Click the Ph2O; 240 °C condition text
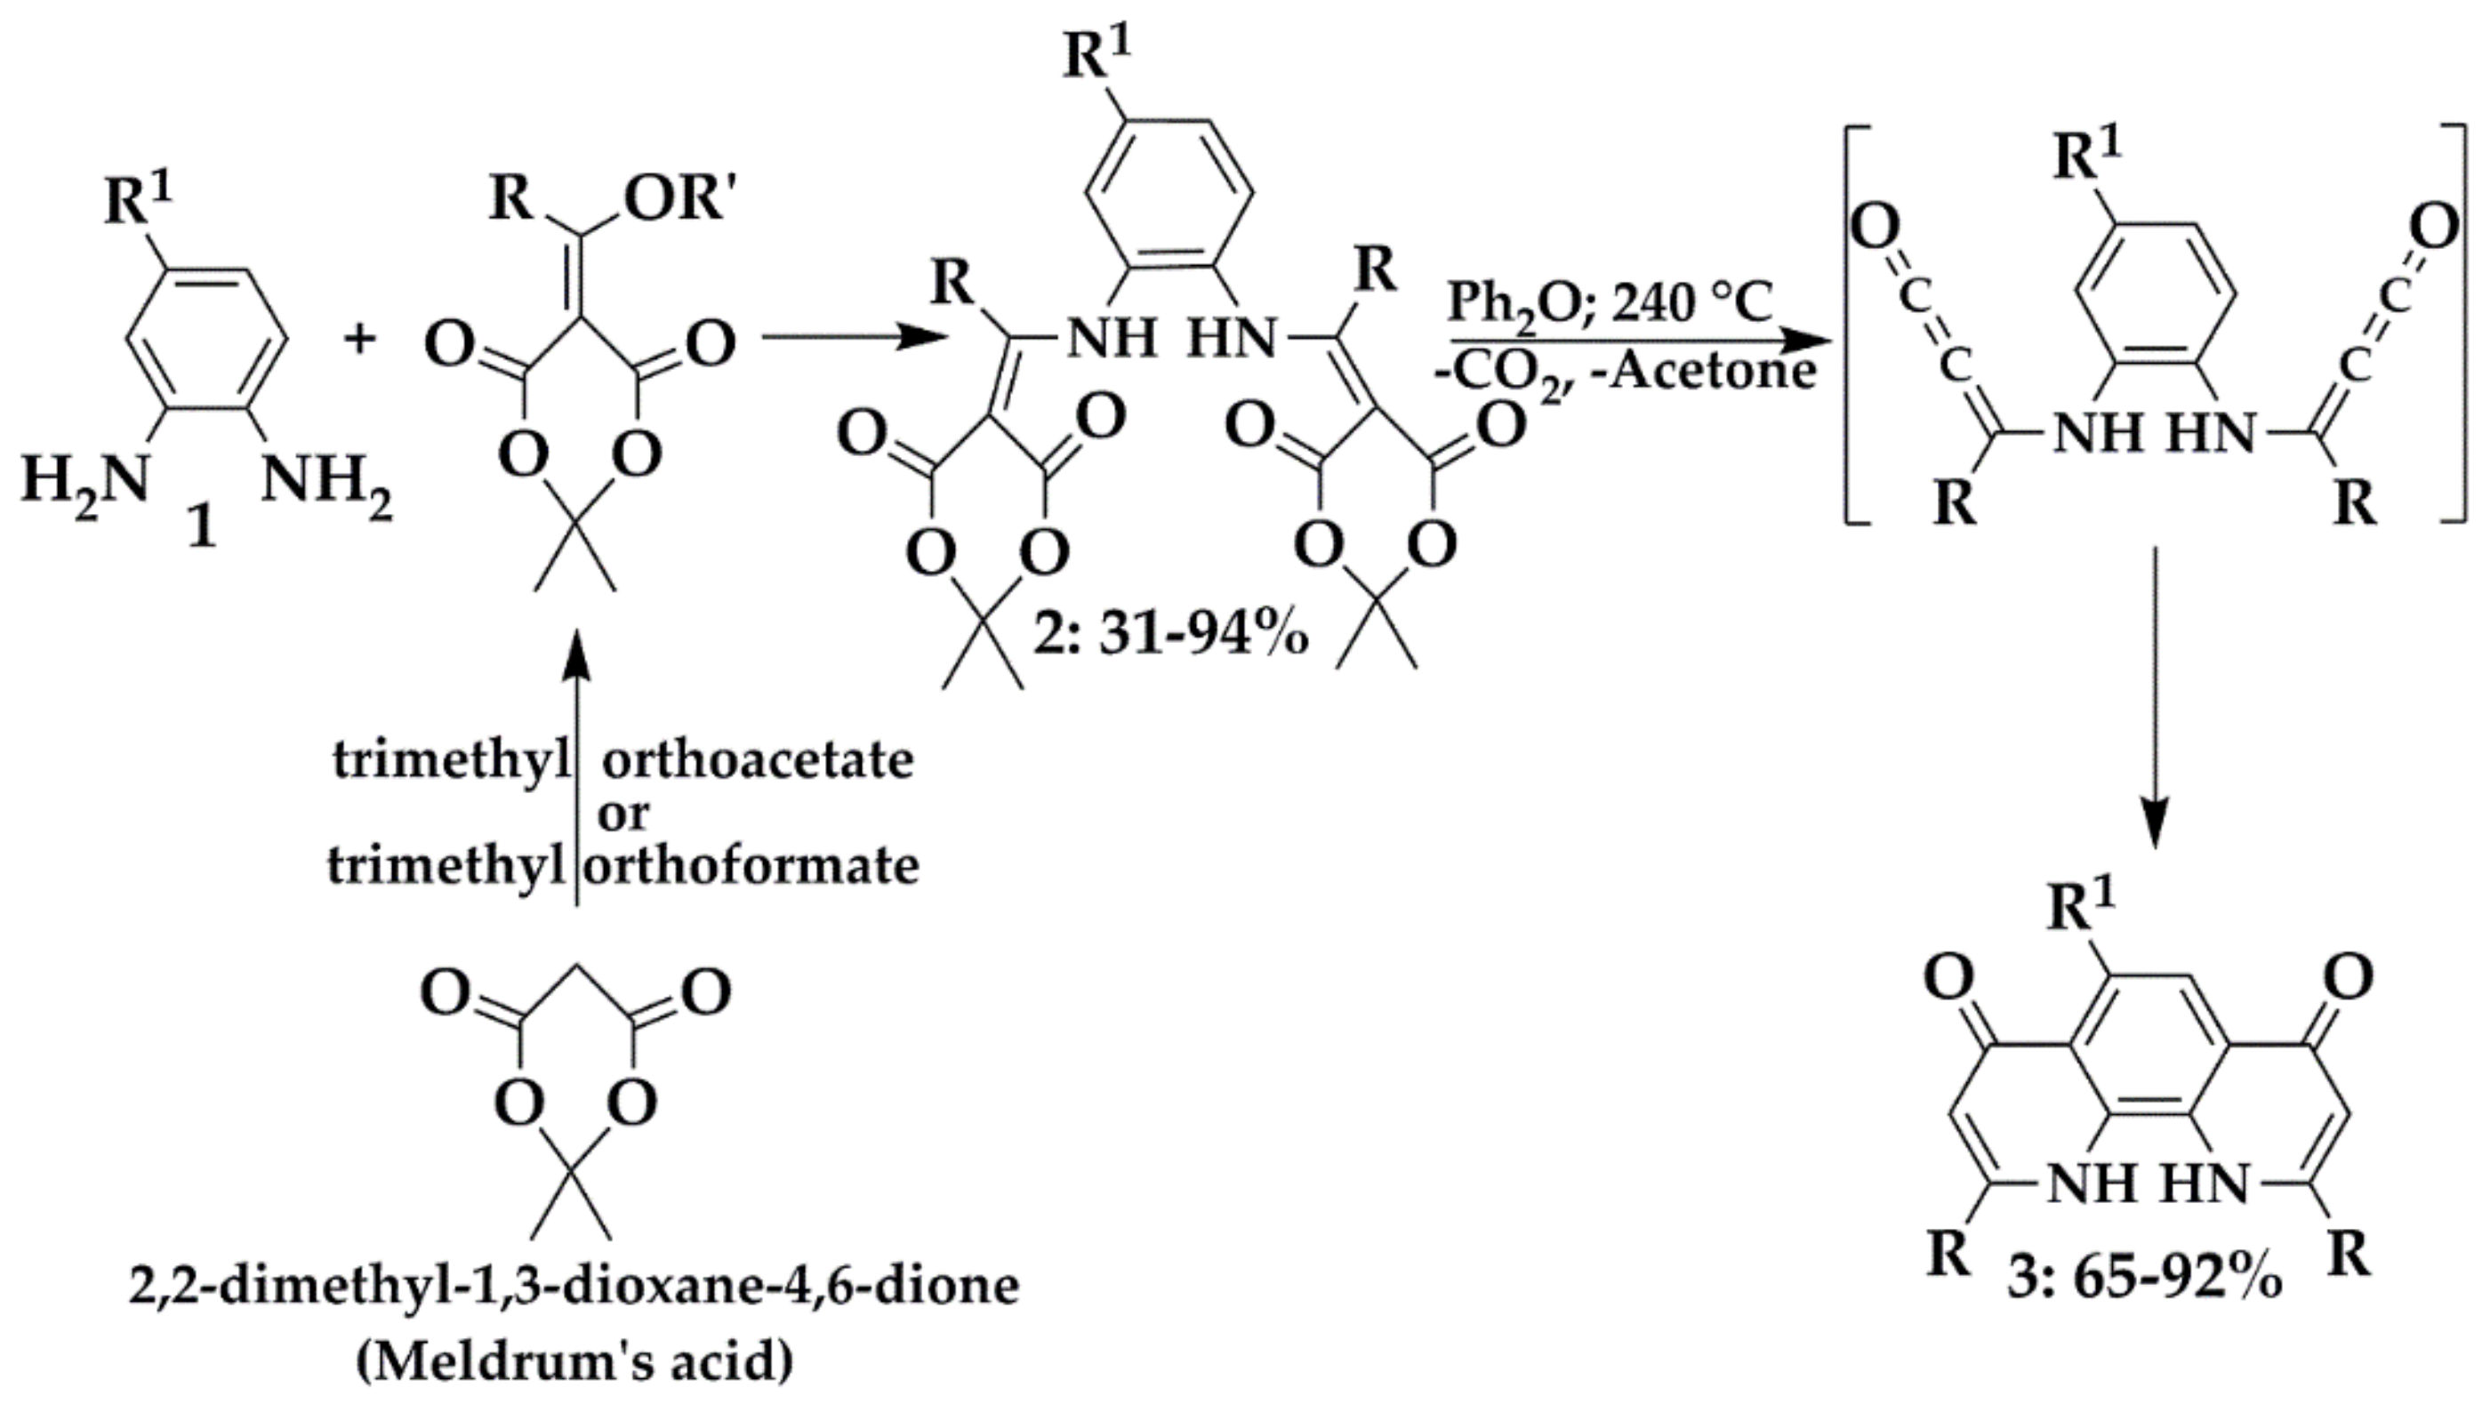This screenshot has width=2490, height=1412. click(1610, 302)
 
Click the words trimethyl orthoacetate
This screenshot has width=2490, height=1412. click(622, 760)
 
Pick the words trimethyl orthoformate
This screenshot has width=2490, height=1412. click(622, 865)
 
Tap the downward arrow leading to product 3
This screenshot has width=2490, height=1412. click(2155, 698)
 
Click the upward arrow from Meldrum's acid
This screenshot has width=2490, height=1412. click(577, 766)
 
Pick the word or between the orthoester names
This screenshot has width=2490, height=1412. click(623, 813)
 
